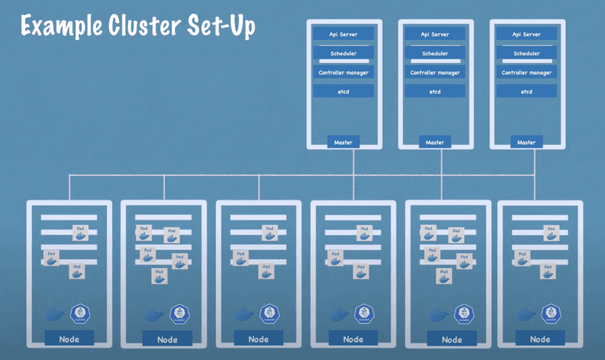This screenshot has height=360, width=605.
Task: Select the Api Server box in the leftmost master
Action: [343, 34]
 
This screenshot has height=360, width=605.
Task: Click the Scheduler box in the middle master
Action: [435, 54]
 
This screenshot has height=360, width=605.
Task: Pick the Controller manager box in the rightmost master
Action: [526, 73]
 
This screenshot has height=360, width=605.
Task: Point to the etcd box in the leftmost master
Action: [343, 92]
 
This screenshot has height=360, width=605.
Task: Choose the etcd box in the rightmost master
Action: [526, 92]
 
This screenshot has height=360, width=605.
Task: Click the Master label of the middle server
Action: [435, 142]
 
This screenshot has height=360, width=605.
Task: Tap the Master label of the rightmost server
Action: [526, 142]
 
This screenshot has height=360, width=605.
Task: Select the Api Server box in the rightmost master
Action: [526, 34]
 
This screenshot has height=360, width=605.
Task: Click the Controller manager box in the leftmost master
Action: [343, 73]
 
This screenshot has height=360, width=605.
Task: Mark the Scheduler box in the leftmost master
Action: [343, 54]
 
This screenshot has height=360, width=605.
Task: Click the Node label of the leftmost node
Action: [69, 339]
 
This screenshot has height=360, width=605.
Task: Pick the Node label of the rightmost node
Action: [540, 339]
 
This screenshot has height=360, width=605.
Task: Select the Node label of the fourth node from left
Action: [353, 339]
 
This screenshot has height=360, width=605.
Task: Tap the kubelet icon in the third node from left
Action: [269, 314]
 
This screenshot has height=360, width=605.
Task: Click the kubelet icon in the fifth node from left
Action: [462, 314]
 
